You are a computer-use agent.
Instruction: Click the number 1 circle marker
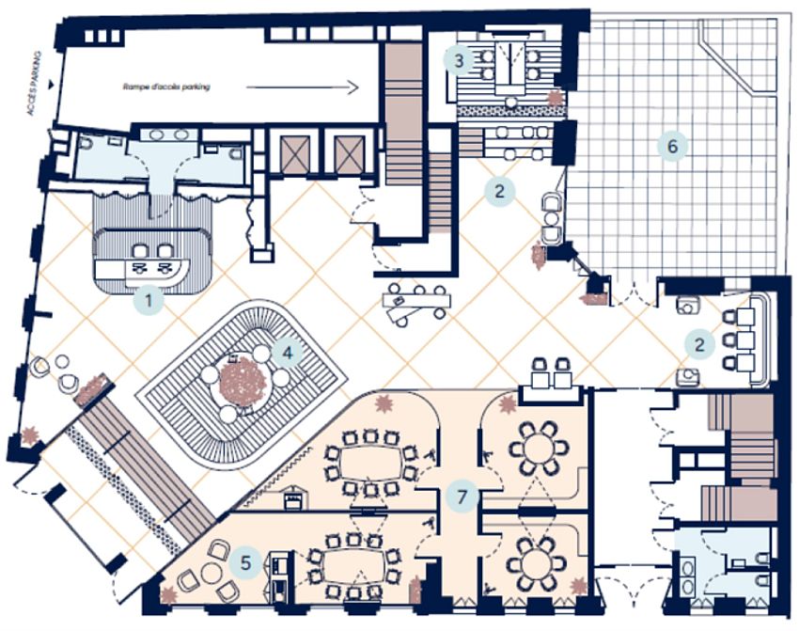click(x=149, y=301)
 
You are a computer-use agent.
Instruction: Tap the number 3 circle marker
click(x=459, y=61)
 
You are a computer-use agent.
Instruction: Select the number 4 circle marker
click(x=288, y=353)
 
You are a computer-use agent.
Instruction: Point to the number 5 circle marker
click(x=245, y=563)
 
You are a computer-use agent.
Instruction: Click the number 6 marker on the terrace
click(x=672, y=147)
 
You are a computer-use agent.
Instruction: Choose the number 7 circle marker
click(x=462, y=497)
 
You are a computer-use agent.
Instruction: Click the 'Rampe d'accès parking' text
click(x=166, y=87)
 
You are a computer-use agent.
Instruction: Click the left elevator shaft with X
click(x=295, y=153)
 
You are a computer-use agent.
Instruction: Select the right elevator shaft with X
click(x=350, y=153)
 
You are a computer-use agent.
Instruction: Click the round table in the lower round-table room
click(x=536, y=563)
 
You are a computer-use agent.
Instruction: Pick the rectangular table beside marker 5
click(x=353, y=566)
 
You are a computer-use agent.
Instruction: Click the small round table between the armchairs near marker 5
click(x=210, y=574)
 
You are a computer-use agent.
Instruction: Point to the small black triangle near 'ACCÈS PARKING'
click(x=51, y=84)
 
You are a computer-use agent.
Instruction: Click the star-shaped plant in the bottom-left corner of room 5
click(x=168, y=593)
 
